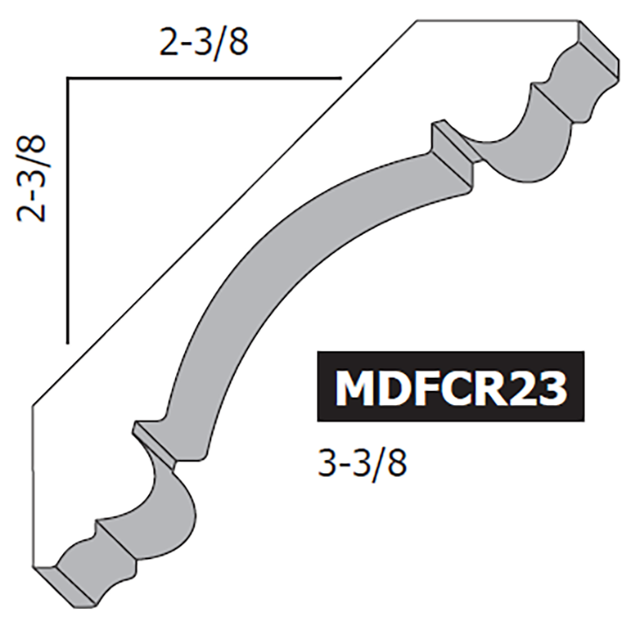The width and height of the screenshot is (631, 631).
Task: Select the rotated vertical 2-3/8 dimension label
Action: coord(36,179)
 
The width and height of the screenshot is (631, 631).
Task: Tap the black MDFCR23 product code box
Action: coord(449,387)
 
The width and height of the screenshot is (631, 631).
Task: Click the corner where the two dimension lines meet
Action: coord(67,79)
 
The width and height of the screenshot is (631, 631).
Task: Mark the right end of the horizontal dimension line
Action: coord(338,79)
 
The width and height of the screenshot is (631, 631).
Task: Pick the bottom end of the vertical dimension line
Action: coord(67,340)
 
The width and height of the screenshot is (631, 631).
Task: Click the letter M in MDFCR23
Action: coord(352,388)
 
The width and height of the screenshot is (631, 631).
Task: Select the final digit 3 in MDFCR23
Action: coord(550,388)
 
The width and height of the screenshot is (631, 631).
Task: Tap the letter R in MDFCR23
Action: coord(485,388)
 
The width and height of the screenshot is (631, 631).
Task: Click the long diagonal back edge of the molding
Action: coord(219,219)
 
